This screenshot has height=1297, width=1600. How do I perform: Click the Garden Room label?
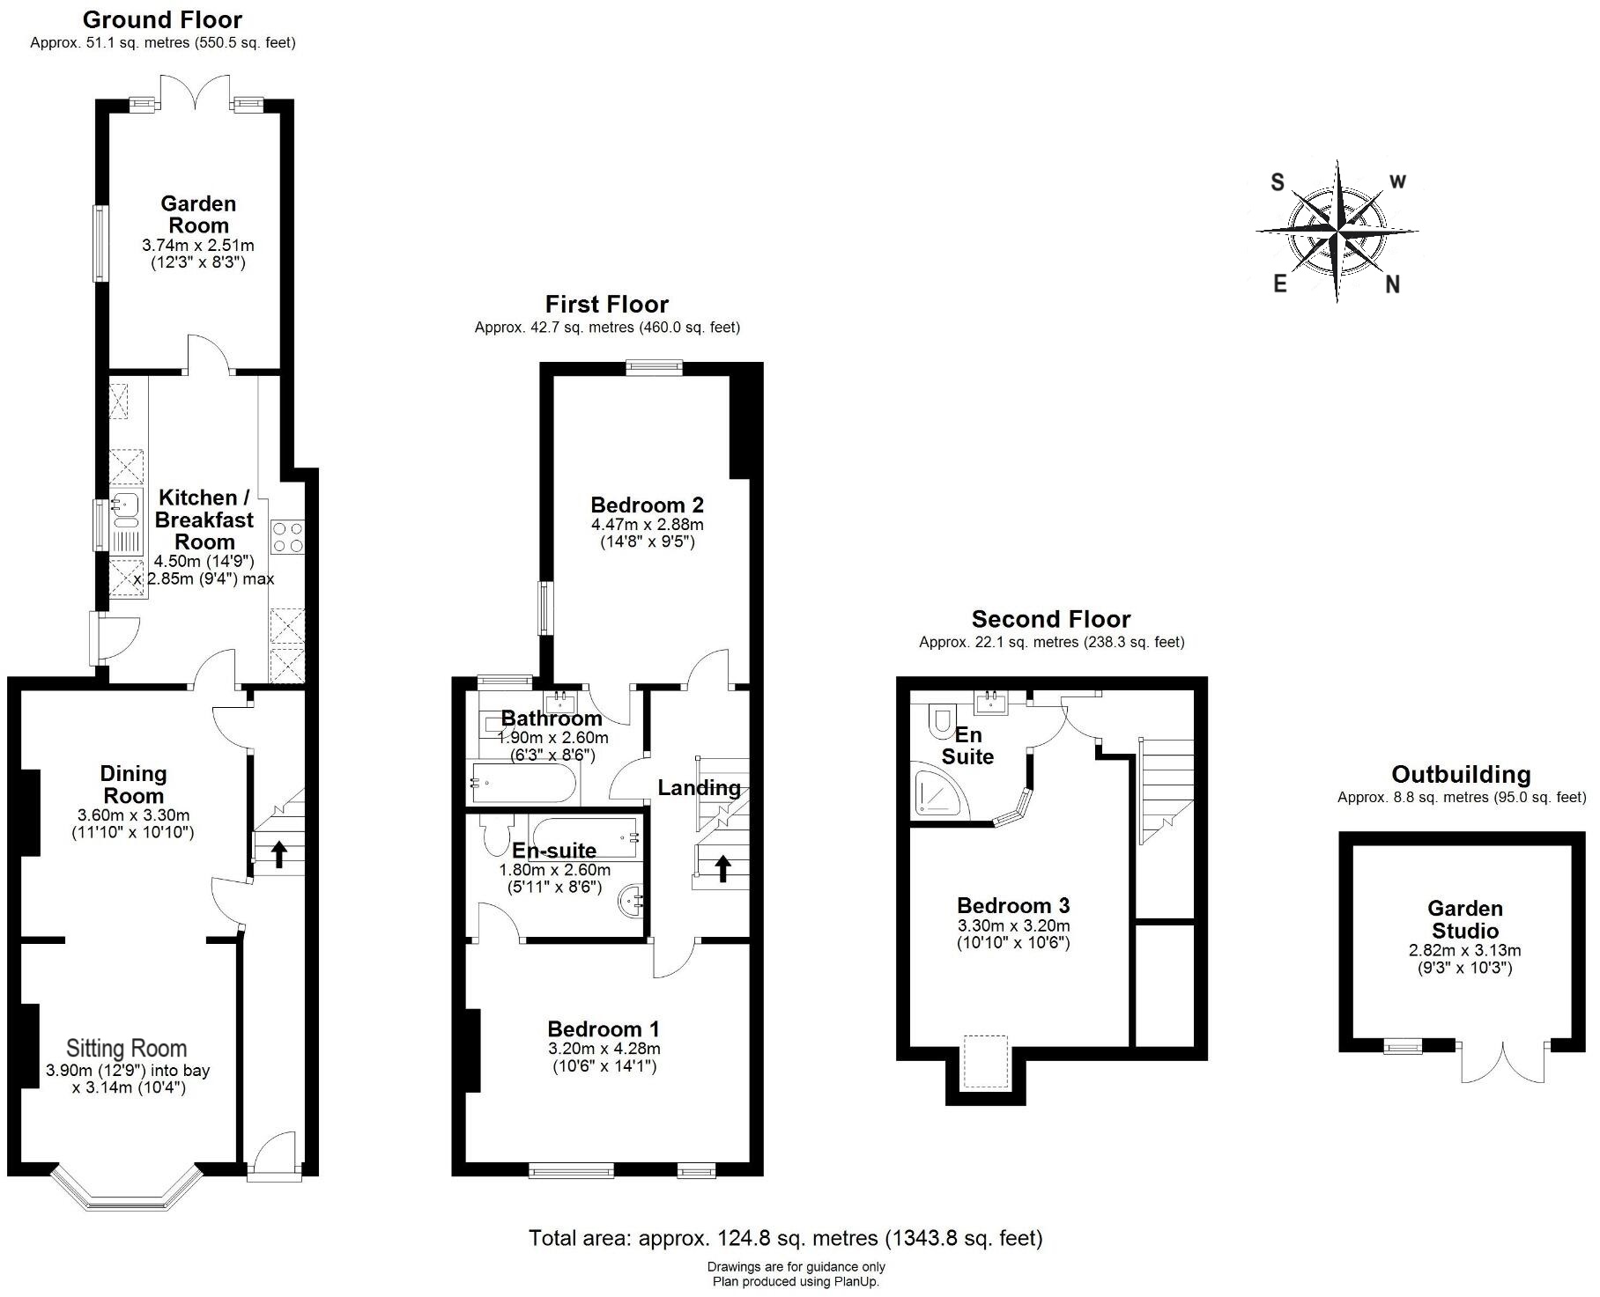pyautogui.click(x=198, y=215)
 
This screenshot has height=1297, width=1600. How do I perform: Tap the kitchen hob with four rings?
pyautogui.click(x=287, y=536)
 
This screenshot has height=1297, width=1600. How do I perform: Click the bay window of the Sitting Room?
pyautogui.click(x=123, y=1198)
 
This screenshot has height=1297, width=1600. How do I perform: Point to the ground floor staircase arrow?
pyautogui.click(x=278, y=853)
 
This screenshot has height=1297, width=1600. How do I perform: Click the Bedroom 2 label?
pyautogui.click(x=647, y=505)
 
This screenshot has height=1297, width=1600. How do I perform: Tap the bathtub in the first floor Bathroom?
pyautogui.click(x=523, y=783)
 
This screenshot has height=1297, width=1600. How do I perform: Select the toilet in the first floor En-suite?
pyautogui.click(x=496, y=831)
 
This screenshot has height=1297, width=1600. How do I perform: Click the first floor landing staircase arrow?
pyautogui.click(x=722, y=868)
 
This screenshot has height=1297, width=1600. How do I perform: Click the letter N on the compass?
pyautogui.click(x=1392, y=284)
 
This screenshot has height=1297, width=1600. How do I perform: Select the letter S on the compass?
pyautogui.click(x=1277, y=182)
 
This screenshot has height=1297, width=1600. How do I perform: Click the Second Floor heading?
pyautogui.click(x=1050, y=619)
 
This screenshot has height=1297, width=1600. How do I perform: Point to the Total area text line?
pyautogui.click(x=785, y=1238)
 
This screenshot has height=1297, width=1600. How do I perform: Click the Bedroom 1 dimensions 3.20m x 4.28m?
pyautogui.click(x=604, y=1049)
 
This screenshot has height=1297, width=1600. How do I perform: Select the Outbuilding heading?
pyautogui.click(x=1461, y=774)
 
